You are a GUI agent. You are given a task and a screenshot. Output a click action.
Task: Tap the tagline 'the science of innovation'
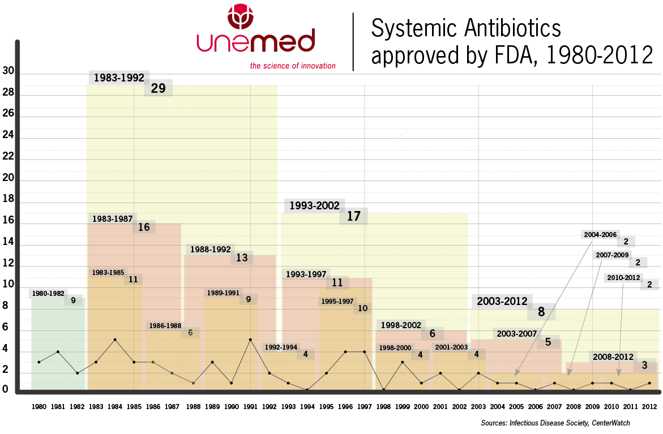293,66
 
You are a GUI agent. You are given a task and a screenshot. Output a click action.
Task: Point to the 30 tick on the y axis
8,71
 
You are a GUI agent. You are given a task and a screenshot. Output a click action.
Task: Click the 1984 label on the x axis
115,407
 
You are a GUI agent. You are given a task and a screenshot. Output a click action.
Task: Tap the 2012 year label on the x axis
649,407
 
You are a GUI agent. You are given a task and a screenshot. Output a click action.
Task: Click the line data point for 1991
250,340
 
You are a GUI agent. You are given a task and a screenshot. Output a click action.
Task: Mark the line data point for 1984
115,340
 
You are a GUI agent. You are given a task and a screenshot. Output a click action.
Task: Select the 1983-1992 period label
119,78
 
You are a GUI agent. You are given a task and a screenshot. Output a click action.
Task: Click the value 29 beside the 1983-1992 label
158,88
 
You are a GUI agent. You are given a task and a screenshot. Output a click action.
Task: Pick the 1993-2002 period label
314,206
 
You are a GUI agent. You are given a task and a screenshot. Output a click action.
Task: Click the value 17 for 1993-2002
353,216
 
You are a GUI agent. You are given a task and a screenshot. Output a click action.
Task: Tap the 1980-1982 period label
48,294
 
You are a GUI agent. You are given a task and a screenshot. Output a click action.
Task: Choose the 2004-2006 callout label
600,234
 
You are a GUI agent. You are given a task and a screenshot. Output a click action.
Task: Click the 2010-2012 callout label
623,277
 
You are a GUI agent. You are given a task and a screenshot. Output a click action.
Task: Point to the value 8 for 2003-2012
541,311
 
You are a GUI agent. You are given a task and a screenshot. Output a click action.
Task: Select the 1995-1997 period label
337,302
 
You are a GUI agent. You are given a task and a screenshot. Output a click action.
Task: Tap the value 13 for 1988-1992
242,258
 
